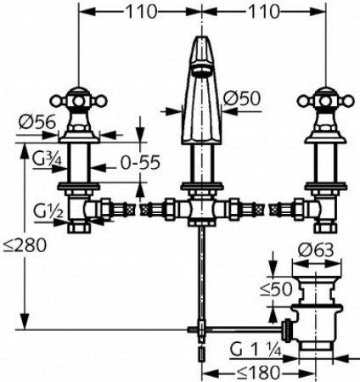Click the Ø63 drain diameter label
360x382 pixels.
pos(316,250)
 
